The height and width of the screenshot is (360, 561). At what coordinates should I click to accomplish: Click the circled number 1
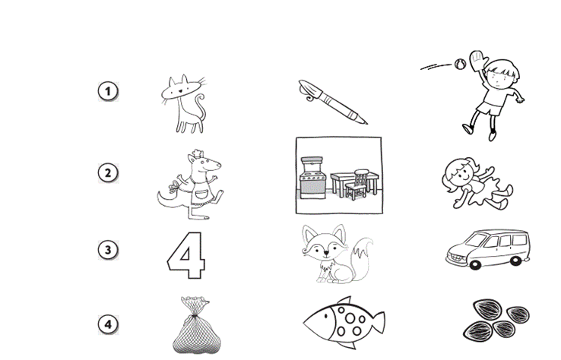[108, 91]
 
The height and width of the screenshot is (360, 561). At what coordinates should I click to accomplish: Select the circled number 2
[108, 173]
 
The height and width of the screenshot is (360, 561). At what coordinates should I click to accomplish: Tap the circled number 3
[108, 250]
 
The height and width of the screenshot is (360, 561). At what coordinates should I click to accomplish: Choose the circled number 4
[108, 324]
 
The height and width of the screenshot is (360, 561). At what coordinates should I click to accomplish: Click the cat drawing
[184, 104]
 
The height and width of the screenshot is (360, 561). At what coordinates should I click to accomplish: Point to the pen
[332, 102]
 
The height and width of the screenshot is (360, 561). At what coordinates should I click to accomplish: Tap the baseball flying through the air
[460, 64]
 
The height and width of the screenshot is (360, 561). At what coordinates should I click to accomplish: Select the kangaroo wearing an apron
[191, 185]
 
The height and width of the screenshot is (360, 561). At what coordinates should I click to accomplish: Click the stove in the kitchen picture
[313, 178]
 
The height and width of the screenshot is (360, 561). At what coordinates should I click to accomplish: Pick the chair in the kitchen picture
[357, 185]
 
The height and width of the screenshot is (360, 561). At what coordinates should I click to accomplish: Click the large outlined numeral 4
[186, 255]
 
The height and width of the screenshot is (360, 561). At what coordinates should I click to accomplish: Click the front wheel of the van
[476, 264]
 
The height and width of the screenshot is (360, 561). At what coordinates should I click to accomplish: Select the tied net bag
[196, 325]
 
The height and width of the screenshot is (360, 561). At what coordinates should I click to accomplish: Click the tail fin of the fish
[378, 323]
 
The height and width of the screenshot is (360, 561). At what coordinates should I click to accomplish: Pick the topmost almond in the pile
[488, 309]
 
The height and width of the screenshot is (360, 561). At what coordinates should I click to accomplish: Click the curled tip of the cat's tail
[201, 98]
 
